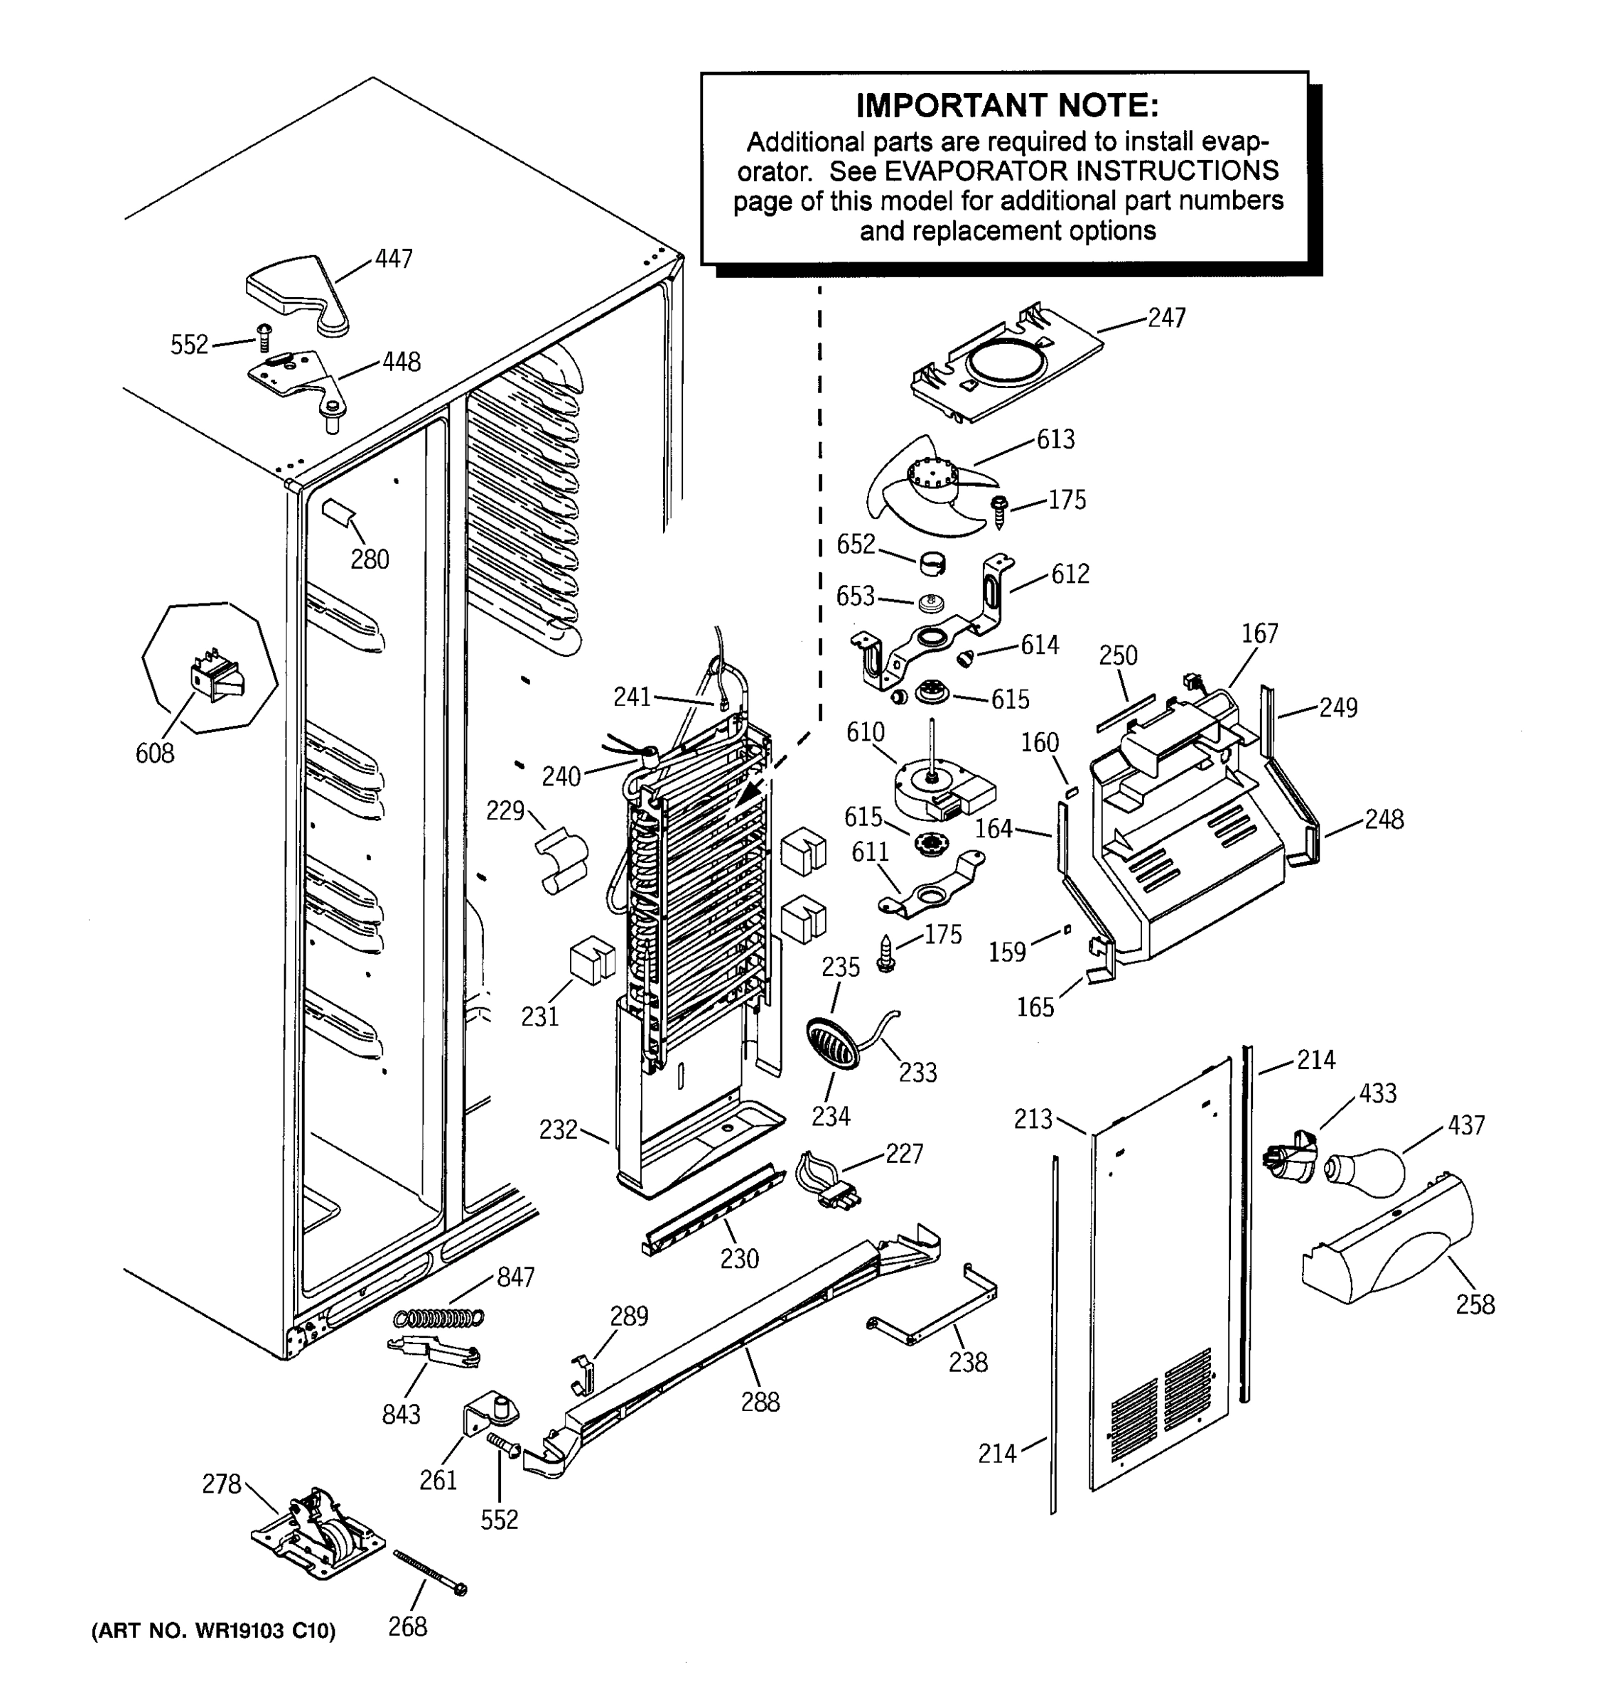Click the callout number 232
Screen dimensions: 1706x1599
(558, 1130)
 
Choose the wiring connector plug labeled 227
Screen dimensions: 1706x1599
(827, 1180)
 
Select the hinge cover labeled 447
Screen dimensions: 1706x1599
(296, 289)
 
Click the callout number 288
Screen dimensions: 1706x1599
(760, 1402)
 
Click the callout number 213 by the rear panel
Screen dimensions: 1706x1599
(1032, 1119)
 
